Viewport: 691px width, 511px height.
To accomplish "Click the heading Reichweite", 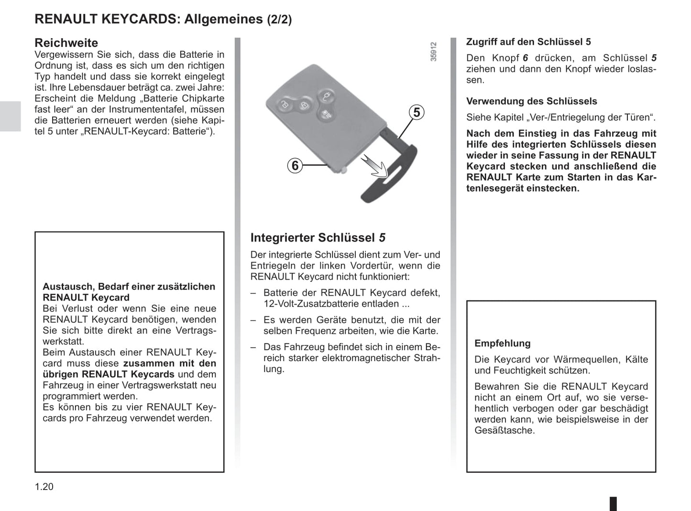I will coord(66,43).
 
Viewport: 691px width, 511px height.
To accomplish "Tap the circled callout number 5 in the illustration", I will coord(417,113).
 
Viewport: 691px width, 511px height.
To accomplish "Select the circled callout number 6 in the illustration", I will coord(295,166).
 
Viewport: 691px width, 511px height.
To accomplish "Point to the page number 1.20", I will coord(44,487).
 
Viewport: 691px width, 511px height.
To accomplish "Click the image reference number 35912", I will coord(433,52).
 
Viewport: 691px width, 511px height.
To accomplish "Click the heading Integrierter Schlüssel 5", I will coord(318,238).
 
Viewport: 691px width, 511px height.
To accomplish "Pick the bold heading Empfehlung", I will coord(502,343).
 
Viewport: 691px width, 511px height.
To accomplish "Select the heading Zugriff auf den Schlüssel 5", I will coord(528,42).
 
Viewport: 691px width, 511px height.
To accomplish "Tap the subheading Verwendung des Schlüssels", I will coord(531,101).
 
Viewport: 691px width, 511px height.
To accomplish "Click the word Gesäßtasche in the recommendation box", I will coord(505,430).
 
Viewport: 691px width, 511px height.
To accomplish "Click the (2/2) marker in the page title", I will coord(279,20).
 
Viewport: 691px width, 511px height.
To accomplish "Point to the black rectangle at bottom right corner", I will coord(613,503).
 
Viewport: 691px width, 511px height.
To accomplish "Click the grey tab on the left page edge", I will coord(10,116).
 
